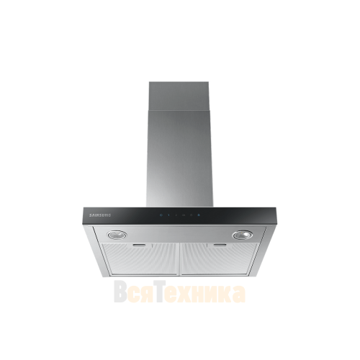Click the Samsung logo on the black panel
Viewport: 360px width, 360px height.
100,215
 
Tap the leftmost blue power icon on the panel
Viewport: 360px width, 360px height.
161,215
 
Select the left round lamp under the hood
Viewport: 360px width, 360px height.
117,235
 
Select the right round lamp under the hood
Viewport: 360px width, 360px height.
243,235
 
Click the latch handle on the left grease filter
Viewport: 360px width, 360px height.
139,246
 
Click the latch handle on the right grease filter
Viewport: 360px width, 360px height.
220,245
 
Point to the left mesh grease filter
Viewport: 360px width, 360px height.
140,258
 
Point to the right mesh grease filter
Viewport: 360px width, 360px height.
220,258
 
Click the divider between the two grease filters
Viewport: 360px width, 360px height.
179,259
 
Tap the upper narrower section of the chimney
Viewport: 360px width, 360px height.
179,96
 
